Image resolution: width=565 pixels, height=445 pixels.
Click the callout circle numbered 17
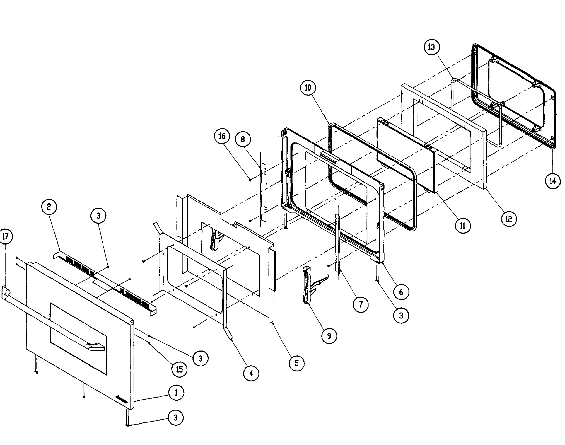click(6, 237)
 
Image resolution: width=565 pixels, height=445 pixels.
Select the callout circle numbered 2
click(49, 207)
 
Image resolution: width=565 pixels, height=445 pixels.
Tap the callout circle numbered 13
click(431, 47)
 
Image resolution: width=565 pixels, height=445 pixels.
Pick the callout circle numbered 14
click(553, 180)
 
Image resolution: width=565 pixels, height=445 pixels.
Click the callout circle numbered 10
click(308, 88)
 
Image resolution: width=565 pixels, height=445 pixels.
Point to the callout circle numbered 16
click(222, 136)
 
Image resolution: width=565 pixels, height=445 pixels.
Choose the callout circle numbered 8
click(243, 139)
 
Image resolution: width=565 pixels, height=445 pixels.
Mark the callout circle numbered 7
click(361, 304)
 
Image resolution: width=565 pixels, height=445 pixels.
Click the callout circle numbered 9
click(329, 336)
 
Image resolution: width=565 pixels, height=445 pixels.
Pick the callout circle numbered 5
click(297, 363)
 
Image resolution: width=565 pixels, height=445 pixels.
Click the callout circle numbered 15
click(179, 369)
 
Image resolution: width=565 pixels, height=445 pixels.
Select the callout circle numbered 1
click(176, 393)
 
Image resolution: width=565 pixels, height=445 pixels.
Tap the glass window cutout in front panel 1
click(78, 339)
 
